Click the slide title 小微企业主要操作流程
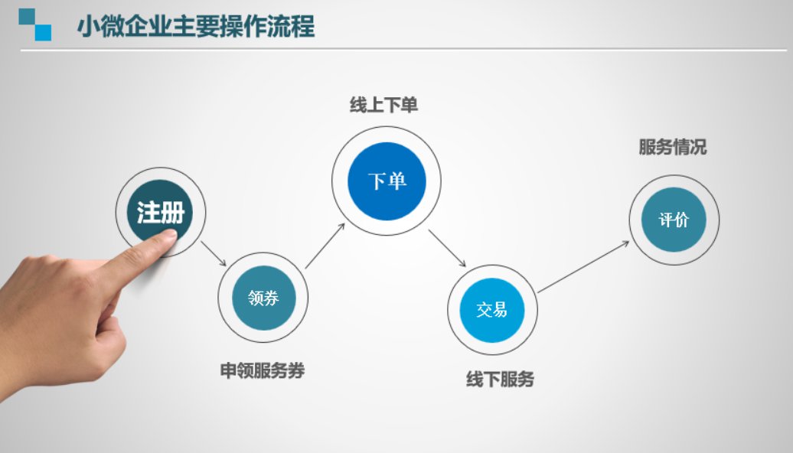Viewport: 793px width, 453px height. point(196,26)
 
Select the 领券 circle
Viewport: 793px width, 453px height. point(263,298)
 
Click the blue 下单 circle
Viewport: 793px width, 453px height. point(387,181)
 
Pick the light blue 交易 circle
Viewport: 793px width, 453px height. point(491,310)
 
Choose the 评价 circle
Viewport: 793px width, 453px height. point(674,220)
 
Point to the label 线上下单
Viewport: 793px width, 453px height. point(383,105)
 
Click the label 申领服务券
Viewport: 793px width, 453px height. point(263,370)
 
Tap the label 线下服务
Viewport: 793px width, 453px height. point(500,380)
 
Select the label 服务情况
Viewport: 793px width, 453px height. point(673,147)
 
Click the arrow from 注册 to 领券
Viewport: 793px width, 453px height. point(214,253)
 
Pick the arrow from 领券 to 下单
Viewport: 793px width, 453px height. point(325,246)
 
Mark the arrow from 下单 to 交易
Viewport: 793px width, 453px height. point(447,248)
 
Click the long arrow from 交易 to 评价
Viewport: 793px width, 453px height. point(583,266)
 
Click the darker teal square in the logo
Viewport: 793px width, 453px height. point(27,16)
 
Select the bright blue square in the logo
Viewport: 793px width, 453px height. point(43,32)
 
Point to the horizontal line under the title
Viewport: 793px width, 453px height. point(403,50)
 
